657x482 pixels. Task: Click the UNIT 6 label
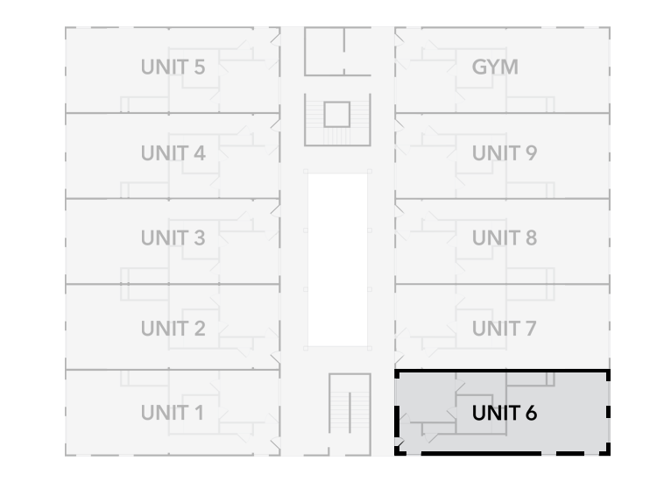coord(504,413)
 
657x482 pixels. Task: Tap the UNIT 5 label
coord(173,67)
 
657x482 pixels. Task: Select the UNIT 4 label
coord(173,153)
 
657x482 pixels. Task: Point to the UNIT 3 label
coord(173,237)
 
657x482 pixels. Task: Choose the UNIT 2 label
coord(173,329)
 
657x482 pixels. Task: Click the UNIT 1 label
coord(173,412)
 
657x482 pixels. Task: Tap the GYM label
coord(495,67)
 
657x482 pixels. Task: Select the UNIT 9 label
coord(504,153)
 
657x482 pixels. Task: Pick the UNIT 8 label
coord(504,237)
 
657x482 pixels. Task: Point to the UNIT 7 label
coord(504,329)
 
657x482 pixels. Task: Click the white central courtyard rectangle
coord(337,259)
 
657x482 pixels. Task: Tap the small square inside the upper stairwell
coord(337,113)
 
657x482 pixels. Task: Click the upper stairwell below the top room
coord(337,119)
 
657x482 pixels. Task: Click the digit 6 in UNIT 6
coord(531,413)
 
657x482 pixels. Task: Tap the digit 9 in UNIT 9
coord(531,153)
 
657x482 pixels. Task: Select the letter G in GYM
coord(479,67)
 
